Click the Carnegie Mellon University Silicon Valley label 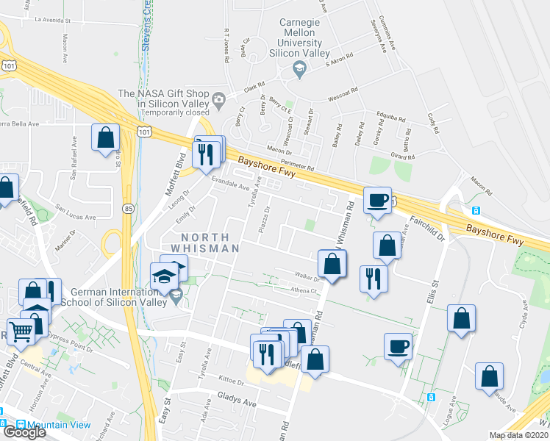(299, 38)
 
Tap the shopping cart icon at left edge (21, 330)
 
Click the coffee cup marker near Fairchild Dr (378, 201)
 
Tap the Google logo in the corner (24, 431)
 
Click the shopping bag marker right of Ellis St (461, 320)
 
